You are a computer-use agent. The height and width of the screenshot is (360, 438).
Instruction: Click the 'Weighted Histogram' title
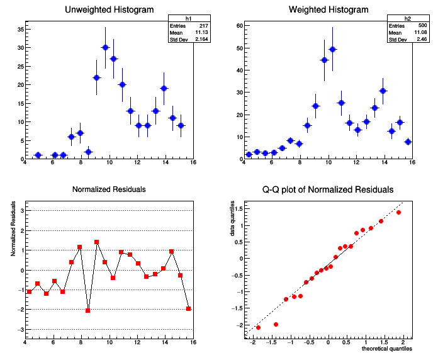coord(328,10)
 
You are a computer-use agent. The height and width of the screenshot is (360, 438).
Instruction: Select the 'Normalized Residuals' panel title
coord(109,189)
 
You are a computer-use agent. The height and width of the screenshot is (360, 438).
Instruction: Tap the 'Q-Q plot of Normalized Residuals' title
coord(328,189)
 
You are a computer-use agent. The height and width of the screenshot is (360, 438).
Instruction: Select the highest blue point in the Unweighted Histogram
coord(105,47)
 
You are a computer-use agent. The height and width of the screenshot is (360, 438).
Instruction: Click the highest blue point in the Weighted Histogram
coord(333,49)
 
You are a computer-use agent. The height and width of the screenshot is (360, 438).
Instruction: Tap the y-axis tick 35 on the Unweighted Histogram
coord(20,29)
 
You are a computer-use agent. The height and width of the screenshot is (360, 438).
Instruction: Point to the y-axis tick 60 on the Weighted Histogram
coord(239,25)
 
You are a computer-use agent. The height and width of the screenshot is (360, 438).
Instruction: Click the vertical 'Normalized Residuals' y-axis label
coord(13,233)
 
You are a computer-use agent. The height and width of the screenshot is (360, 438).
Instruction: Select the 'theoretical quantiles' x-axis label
coord(387,348)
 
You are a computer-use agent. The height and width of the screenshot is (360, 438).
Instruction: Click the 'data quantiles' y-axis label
coord(233,220)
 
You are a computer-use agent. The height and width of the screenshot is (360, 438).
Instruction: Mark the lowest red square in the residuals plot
coord(88,310)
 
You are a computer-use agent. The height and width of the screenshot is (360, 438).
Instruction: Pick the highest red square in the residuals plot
coord(96,242)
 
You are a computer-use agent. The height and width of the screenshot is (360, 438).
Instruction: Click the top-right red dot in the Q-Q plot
coord(399,212)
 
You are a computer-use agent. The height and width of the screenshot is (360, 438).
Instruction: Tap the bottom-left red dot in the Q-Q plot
coord(258,327)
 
